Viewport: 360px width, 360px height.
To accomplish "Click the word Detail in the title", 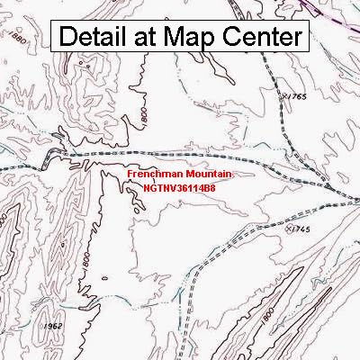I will coord(99,38).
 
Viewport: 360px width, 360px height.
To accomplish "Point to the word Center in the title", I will coord(265,38).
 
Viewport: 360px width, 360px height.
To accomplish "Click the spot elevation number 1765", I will coord(299,95).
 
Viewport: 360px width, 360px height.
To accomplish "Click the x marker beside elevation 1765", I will coord(284,94).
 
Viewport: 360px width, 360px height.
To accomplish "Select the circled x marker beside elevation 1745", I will coord(289,229).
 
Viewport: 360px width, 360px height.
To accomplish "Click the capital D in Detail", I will coord(68,38).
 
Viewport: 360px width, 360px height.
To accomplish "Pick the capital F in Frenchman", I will coord(130,171).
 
